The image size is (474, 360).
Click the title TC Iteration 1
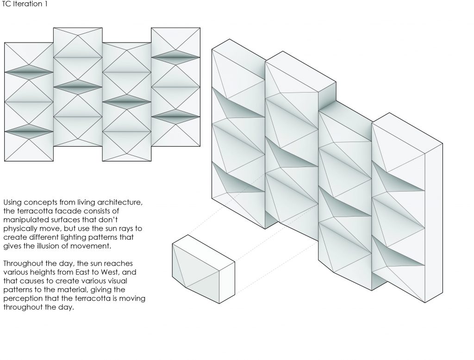click(x=25, y=4)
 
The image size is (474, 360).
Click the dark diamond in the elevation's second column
click(x=78, y=87)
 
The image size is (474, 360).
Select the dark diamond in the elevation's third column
click(x=127, y=102)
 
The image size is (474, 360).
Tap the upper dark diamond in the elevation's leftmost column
click(x=29, y=72)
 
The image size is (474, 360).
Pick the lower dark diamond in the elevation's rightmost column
click(x=175, y=117)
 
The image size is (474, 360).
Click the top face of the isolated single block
click(x=204, y=253)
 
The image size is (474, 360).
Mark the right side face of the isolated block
click(x=227, y=283)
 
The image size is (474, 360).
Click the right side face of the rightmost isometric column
click(x=434, y=223)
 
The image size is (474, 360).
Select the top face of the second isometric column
click(x=300, y=72)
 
